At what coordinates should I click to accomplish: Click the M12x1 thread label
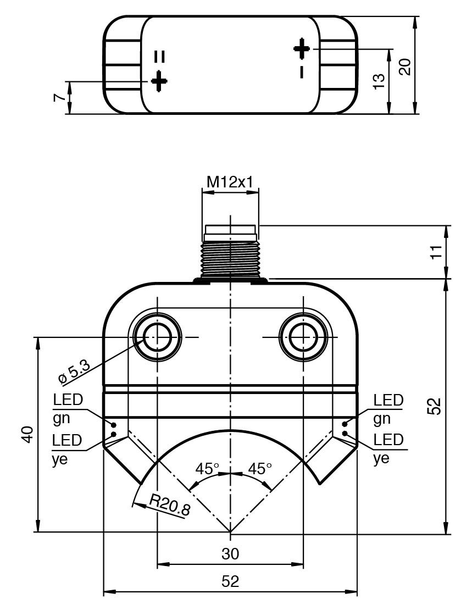tap(230, 181)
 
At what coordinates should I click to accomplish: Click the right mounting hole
tap(303, 337)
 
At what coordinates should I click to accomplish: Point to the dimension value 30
tap(230, 554)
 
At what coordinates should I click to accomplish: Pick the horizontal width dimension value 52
tap(230, 582)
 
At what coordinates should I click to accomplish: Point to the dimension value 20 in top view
tap(405, 66)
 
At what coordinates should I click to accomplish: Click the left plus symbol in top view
tap(159, 81)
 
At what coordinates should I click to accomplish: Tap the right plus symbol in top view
tap(302, 48)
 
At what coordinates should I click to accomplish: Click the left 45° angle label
tap(207, 469)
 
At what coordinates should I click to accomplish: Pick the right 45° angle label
tap(260, 469)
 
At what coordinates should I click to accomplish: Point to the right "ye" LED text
tap(381, 459)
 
